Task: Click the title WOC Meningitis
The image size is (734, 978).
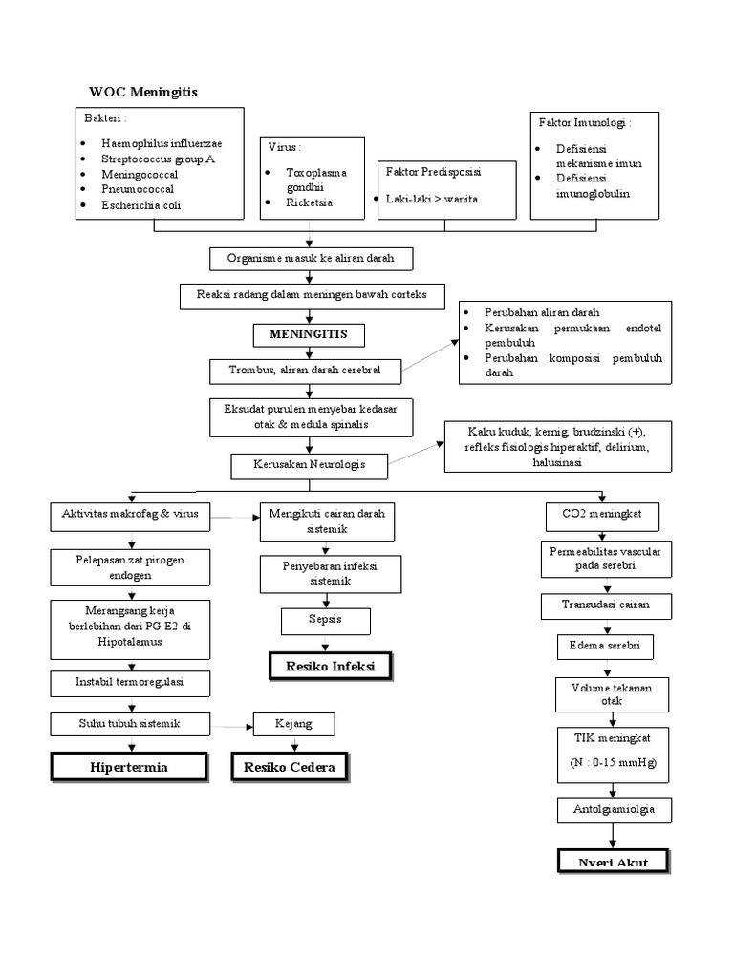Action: (143, 92)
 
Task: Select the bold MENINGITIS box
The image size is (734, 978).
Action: (308, 334)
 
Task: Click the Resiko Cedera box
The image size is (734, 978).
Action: (290, 767)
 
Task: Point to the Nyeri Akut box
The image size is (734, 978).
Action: (613, 861)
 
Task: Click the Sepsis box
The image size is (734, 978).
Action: (326, 621)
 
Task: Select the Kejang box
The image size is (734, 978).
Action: (294, 724)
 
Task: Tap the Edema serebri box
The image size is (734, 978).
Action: (605, 647)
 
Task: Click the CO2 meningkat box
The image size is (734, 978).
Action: (602, 515)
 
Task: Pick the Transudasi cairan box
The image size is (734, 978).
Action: (606, 605)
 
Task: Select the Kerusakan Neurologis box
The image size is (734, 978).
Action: (310, 465)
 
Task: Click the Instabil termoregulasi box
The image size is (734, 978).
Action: (129, 682)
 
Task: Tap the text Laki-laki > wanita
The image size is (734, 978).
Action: (432, 199)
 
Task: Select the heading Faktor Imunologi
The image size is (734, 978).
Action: (585, 123)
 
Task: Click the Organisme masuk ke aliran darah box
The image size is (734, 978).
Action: (310, 258)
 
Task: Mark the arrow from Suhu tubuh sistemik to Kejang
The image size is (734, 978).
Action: (231, 726)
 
